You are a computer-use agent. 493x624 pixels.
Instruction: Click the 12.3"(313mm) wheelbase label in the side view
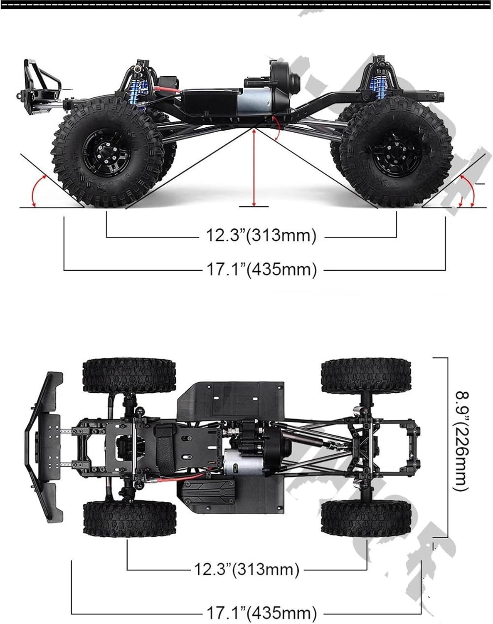261,235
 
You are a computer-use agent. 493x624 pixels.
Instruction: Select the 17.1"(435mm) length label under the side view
261,270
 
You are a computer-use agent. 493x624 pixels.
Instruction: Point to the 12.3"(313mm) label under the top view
246,569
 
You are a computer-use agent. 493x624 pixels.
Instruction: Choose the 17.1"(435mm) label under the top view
261,613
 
